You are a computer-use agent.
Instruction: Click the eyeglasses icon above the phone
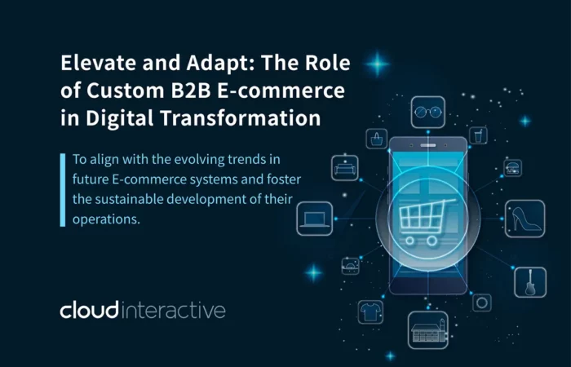[x=428, y=112]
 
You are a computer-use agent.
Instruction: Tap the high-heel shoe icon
[x=525, y=219]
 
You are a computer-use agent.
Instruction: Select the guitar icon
[x=530, y=282]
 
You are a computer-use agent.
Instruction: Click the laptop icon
[x=314, y=219]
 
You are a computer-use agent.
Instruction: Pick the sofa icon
[x=344, y=168]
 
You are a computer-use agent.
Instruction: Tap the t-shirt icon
[x=370, y=312]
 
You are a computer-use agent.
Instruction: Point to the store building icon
[x=428, y=330]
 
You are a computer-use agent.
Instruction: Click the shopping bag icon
[x=376, y=139]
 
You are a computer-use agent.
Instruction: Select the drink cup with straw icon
[x=478, y=136]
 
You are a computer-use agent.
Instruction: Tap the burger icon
[x=512, y=168]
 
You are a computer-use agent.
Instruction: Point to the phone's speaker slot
[x=428, y=145]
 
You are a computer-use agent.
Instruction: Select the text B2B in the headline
[x=191, y=90]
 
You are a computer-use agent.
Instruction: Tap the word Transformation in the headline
[x=241, y=117]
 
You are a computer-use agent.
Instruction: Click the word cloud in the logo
[x=90, y=310]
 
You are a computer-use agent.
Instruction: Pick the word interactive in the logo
[x=173, y=311]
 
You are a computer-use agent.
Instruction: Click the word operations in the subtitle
[x=106, y=219]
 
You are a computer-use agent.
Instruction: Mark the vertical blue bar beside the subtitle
[x=63, y=190]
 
